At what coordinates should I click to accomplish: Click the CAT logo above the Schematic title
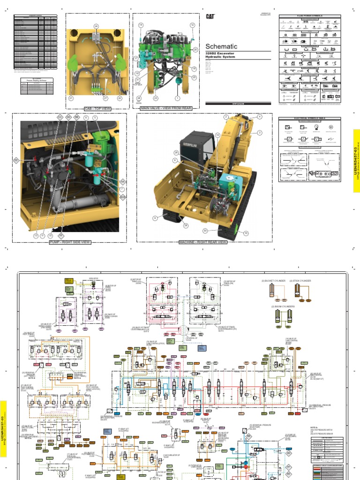tap(210, 16)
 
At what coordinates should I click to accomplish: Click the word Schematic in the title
tap(221, 46)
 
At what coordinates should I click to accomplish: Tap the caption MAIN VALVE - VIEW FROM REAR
tap(166, 108)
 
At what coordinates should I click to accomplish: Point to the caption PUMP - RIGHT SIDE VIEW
tap(69, 242)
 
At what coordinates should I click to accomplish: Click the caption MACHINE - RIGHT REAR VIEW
tap(202, 242)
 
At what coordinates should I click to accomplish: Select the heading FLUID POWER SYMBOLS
tap(309, 17)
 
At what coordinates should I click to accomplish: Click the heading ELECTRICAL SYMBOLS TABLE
tap(309, 119)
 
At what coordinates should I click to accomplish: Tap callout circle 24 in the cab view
tap(96, 26)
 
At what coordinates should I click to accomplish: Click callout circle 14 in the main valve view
tap(141, 25)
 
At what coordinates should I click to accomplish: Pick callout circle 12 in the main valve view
tap(192, 25)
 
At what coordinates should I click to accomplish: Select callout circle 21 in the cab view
tap(71, 98)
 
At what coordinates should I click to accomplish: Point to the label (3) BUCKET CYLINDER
tap(272, 281)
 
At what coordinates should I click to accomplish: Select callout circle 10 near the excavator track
tap(246, 232)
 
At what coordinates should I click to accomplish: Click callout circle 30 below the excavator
tap(205, 231)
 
